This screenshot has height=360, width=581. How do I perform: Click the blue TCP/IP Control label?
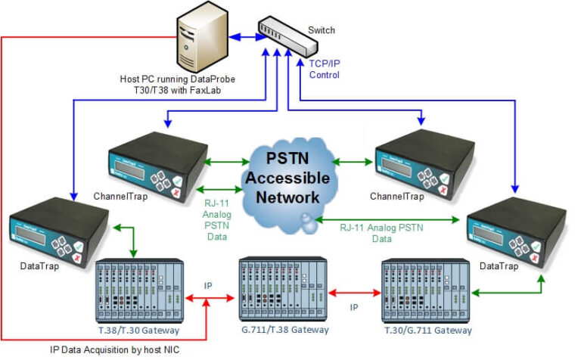324,70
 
